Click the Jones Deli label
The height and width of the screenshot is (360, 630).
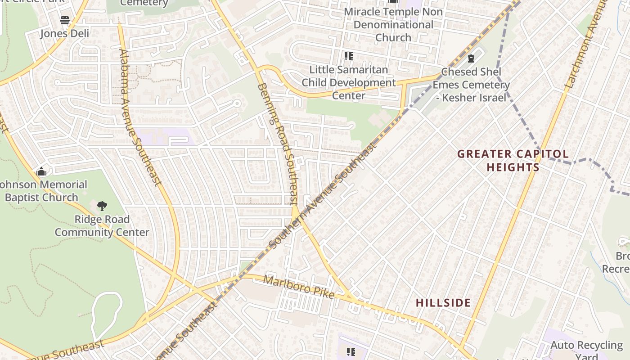(65, 33)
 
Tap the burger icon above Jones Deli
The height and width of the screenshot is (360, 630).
(65, 20)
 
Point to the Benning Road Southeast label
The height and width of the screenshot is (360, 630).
(278, 143)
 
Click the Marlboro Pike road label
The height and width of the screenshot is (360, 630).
(299, 287)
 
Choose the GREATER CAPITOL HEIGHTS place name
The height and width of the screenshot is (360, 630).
(513, 161)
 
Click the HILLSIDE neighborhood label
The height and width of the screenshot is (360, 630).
(443, 303)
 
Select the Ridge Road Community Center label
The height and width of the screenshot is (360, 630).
(102, 226)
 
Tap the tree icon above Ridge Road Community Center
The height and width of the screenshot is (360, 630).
(102, 206)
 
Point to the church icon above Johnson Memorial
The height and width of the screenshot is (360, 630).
(42, 171)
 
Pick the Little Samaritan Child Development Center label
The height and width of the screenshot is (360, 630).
(349, 83)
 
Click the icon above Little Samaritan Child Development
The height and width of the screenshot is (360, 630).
(349, 56)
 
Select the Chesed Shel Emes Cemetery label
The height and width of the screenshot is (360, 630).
(471, 85)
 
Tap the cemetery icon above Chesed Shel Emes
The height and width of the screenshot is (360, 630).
(471, 58)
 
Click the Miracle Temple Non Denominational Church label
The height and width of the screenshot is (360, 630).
(393, 24)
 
